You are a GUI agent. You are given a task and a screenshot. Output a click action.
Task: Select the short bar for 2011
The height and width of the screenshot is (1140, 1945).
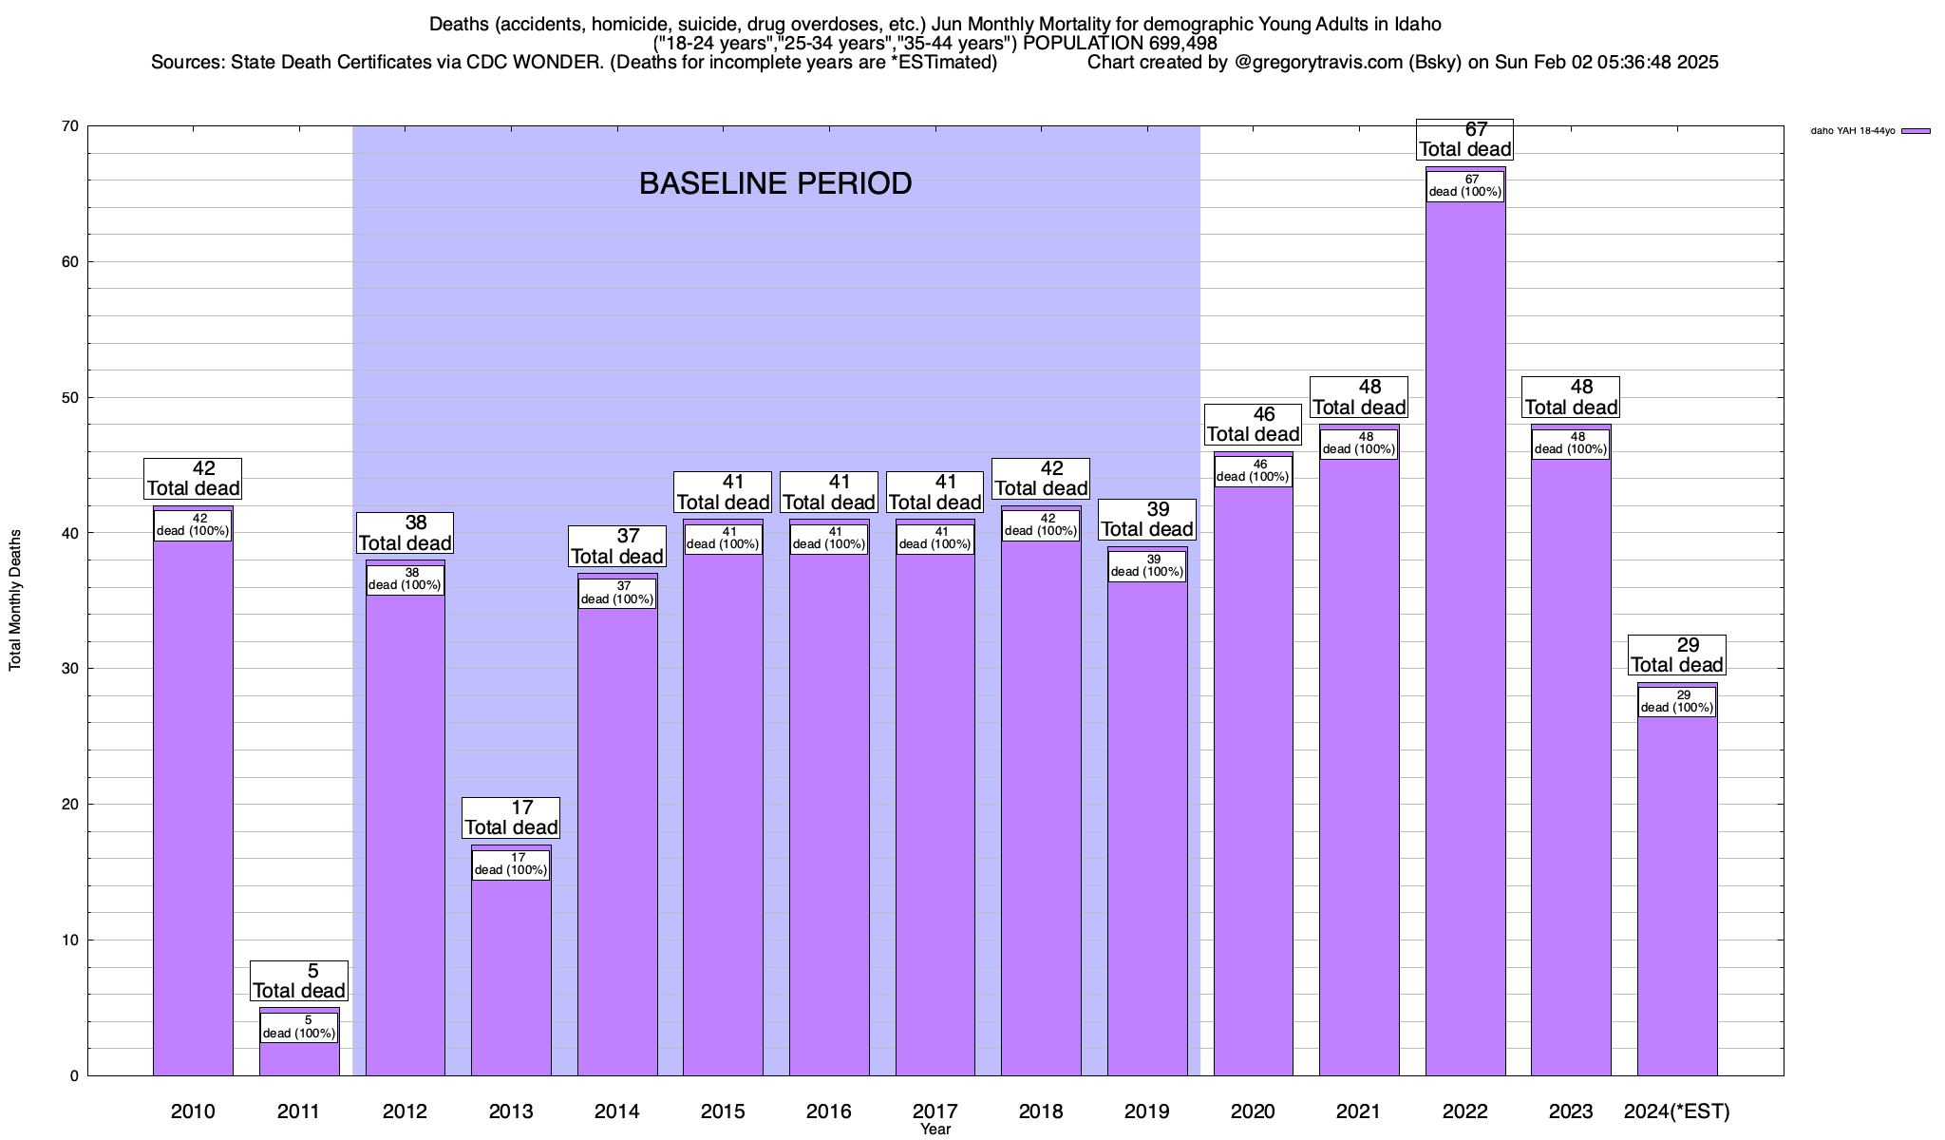299,1059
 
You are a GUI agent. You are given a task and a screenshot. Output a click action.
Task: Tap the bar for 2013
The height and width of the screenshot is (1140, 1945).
511,978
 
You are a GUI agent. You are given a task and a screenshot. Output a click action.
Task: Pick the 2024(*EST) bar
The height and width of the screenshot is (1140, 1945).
1676,902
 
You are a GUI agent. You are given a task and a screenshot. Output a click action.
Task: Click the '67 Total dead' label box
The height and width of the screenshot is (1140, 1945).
1464,140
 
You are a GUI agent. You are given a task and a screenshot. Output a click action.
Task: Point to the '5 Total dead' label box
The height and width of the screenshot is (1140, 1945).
299,981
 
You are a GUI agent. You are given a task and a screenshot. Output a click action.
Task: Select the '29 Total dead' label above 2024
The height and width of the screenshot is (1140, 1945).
1676,655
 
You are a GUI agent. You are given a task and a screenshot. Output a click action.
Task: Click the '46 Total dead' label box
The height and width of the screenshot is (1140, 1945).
1253,425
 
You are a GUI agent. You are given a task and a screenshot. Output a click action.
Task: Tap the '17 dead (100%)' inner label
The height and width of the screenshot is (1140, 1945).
511,864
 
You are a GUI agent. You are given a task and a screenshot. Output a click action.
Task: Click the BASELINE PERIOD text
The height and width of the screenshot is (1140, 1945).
775,183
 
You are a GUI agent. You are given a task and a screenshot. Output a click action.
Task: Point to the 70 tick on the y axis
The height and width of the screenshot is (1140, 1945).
71,126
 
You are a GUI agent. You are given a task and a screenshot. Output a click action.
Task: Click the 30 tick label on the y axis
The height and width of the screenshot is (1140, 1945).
71,669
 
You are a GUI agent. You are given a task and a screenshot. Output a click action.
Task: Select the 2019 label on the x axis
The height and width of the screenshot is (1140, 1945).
1147,1111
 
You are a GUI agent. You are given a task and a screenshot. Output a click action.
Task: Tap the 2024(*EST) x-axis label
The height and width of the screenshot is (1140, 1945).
1676,1111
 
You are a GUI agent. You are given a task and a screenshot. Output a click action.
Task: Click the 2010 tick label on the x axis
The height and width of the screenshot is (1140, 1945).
193,1111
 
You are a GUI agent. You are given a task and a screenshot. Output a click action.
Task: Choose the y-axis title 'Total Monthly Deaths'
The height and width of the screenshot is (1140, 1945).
15,600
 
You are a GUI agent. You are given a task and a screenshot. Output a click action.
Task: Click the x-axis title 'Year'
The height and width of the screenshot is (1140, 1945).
935,1130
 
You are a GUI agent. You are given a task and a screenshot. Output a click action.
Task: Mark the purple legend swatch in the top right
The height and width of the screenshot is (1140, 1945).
1916,131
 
